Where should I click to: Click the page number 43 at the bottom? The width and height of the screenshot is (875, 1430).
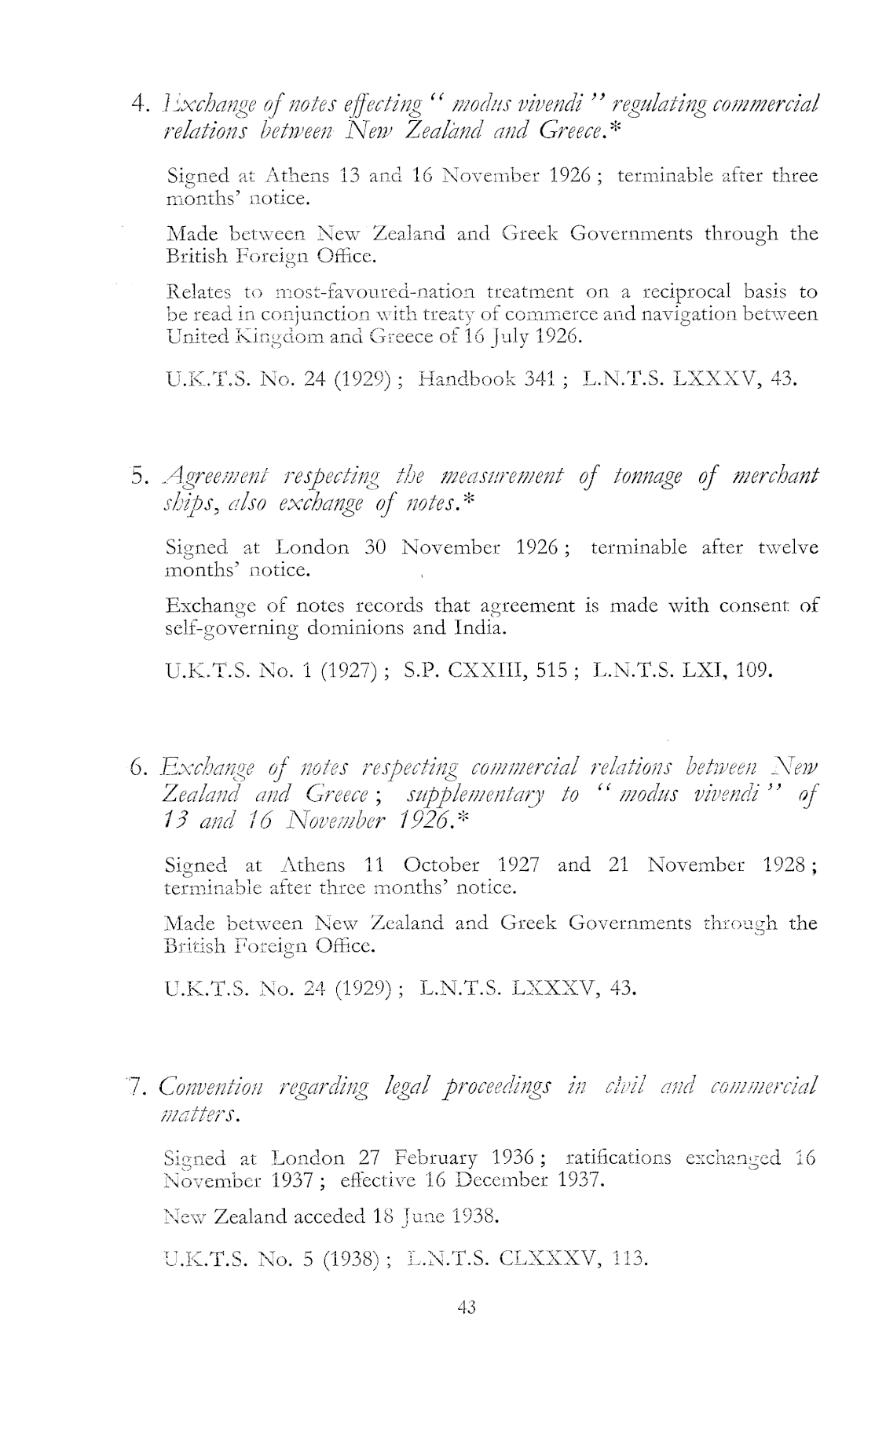point(466,1307)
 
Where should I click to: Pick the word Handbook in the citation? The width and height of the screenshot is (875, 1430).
point(463,381)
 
